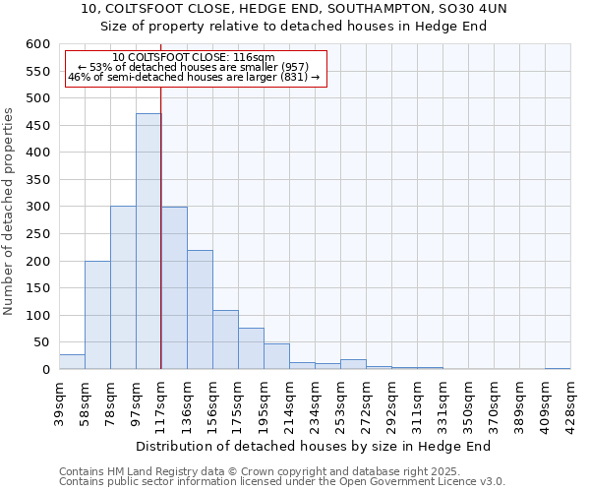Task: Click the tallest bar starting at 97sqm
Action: point(148,241)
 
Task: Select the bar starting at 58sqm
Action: point(97,315)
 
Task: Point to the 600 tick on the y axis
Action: point(38,44)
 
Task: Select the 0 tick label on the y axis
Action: point(45,370)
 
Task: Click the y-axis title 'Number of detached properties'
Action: point(10,212)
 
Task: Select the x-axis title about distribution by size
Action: point(314,446)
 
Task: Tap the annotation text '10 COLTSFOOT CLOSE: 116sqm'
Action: point(194,57)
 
